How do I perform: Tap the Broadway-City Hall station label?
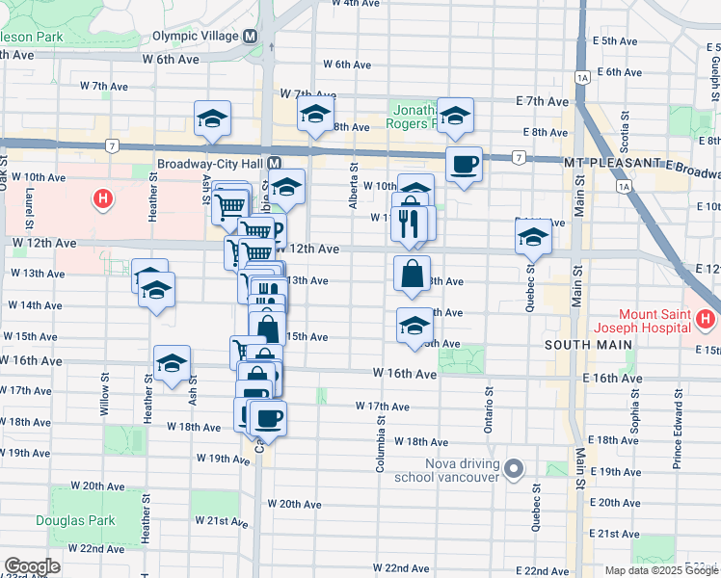(211, 164)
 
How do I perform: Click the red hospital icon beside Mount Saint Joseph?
(706, 318)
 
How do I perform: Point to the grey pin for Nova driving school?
(514, 470)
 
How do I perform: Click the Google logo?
(33, 566)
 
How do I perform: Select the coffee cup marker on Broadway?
(464, 165)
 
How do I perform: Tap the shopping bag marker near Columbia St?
(413, 274)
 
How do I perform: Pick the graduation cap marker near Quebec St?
(533, 236)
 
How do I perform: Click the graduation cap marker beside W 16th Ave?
(172, 364)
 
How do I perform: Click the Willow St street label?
(104, 402)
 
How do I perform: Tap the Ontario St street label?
(490, 409)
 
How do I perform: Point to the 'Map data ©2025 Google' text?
(660, 570)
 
